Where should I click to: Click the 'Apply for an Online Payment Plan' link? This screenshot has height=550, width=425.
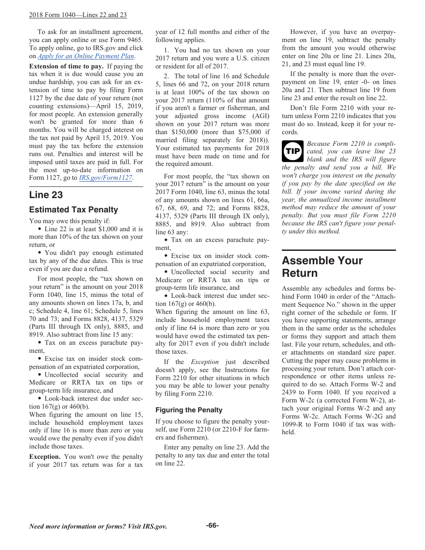86,56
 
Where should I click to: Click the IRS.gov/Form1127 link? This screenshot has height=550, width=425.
106,178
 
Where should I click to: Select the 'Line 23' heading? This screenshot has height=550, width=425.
46,195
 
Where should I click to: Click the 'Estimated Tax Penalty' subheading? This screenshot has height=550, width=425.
73,210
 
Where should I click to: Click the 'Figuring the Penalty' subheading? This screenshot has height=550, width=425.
189,410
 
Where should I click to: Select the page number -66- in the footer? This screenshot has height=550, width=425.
212,525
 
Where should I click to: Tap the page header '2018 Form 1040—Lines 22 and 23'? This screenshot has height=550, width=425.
78,15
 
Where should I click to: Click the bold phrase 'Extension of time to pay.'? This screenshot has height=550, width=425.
66,66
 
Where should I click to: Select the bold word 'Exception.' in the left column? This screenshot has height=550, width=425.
45,457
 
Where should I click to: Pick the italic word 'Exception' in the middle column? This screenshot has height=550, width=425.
204,362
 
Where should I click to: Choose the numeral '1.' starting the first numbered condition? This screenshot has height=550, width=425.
166,51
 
